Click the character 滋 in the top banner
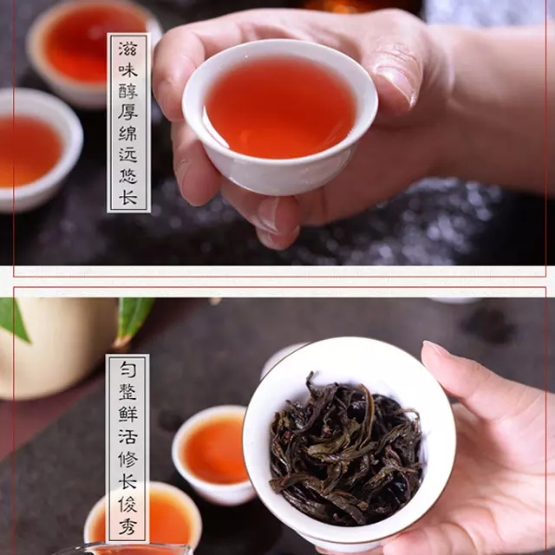[x=127, y=49]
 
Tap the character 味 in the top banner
[x=127, y=70]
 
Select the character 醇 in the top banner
[x=127, y=91]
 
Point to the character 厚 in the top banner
[x=127, y=113]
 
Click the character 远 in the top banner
[x=127, y=154]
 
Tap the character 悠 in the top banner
[x=127, y=176]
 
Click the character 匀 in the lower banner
[x=127, y=369]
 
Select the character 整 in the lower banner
[x=127, y=391]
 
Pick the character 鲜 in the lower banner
[x=127, y=415]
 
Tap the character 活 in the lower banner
[x=127, y=437]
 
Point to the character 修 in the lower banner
[x=127, y=460]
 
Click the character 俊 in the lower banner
[x=127, y=504]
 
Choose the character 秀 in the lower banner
[x=127, y=526]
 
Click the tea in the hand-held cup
[x=279, y=106]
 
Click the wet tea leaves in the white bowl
[x=345, y=449]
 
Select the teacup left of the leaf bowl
[x=212, y=453]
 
